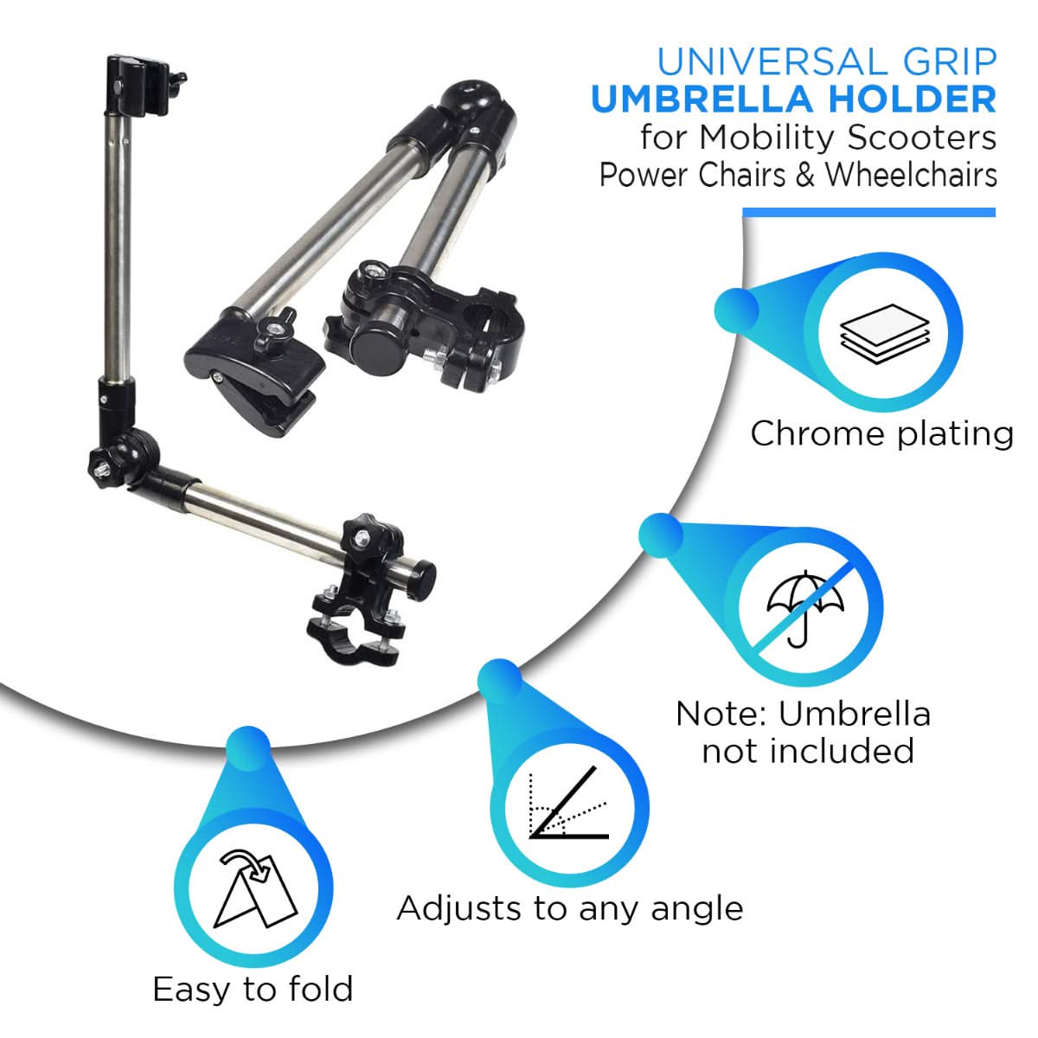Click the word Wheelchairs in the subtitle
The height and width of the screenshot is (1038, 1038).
[910, 175]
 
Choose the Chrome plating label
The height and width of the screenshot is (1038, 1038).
[881, 433]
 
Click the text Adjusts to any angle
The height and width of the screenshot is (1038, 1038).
[569, 908]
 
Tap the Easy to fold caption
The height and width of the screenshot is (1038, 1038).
[253, 989]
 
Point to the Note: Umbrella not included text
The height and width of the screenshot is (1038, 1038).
[804, 732]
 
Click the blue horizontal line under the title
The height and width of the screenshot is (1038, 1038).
[868, 213]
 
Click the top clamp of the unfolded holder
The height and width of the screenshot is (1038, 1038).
[138, 85]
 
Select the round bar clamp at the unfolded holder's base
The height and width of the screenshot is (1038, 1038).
[353, 636]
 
